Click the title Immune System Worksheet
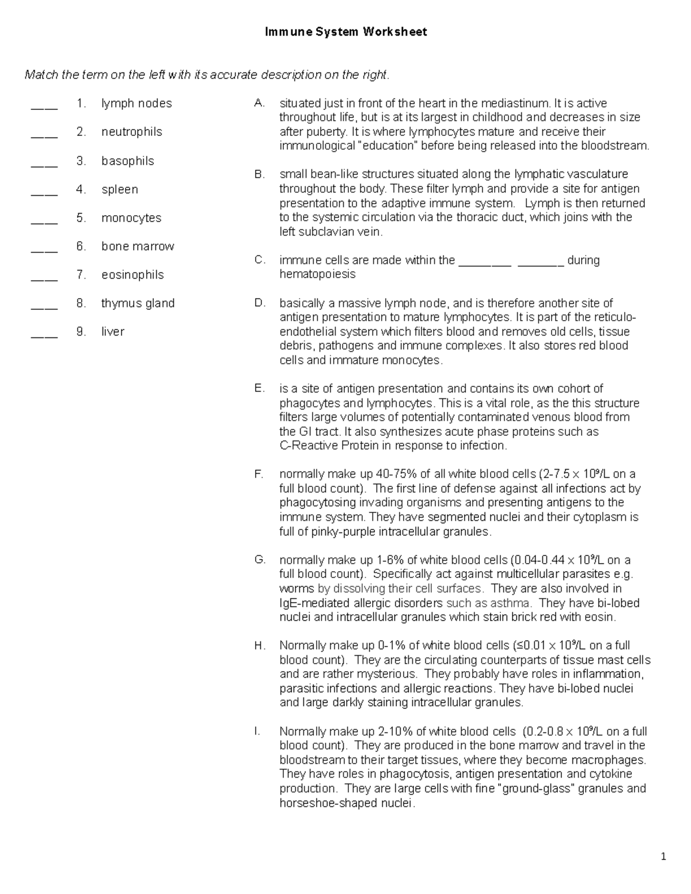[345, 32]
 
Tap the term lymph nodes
[136, 104]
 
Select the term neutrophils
[132, 132]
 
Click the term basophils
[128, 161]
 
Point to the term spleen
[120, 189]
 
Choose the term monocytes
[131, 218]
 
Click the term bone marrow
[138, 246]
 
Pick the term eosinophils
[132, 275]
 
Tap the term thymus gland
[138, 303]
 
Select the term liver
[113, 332]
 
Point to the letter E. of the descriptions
[260, 389]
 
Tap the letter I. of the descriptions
[257, 732]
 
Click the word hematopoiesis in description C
[317, 275]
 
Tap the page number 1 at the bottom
[663, 857]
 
